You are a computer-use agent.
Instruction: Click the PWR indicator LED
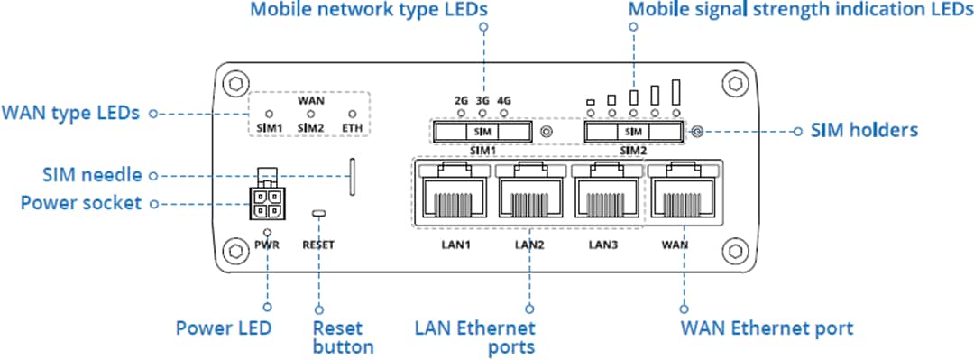pyautogui.click(x=268, y=233)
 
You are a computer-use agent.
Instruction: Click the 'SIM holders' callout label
pyautogui.click(x=863, y=131)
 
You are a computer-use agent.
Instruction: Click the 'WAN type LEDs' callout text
pyautogui.click(x=70, y=114)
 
